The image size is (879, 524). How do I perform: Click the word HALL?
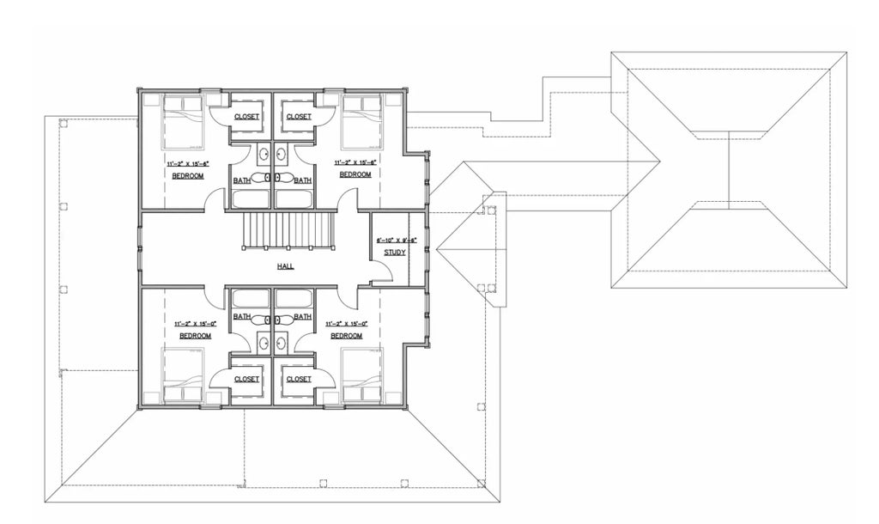point(286,266)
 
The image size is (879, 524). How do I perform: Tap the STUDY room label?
point(394,253)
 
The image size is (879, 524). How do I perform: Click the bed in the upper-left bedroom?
point(183,120)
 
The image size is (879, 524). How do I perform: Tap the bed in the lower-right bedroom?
point(361,375)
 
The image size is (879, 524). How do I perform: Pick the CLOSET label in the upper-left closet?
point(247,117)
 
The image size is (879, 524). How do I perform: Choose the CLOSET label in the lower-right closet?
point(299,379)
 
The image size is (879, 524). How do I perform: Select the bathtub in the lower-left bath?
point(251,299)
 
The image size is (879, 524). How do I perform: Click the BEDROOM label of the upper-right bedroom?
point(355,174)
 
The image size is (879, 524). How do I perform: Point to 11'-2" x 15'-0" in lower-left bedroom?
point(195,324)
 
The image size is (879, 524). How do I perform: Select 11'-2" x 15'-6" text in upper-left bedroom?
point(187,161)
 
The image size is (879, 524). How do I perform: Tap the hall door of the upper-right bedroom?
point(347,204)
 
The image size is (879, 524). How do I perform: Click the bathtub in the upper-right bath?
point(294,199)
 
